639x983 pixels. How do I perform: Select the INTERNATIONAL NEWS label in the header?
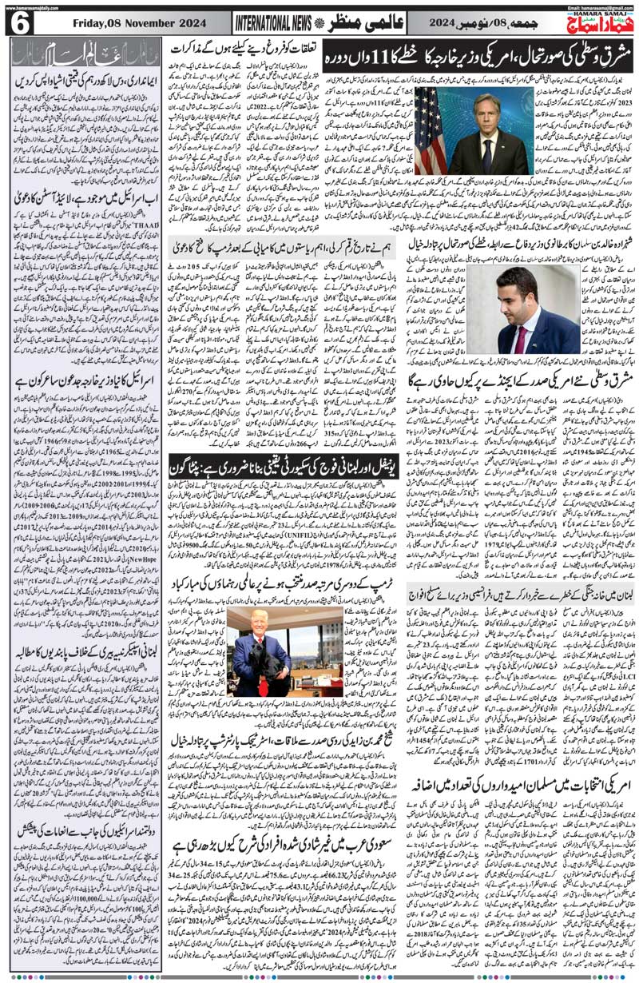tap(273, 24)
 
